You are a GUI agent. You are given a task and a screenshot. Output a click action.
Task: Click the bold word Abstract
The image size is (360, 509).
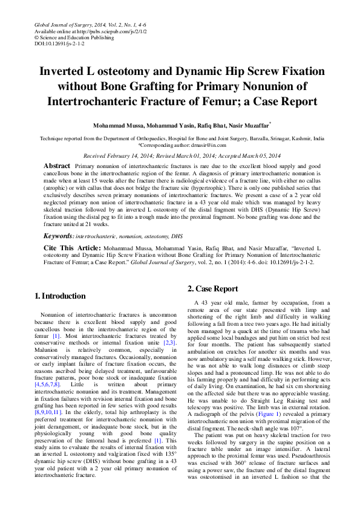pyautogui.click(x=57, y=166)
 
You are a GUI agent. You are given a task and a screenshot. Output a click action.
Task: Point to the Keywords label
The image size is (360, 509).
pyautogui.click(x=59, y=236)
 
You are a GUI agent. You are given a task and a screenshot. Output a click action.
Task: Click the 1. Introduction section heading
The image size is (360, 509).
pyautogui.click(x=60, y=296)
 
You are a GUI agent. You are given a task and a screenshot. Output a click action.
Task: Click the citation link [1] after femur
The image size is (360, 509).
pyautogui.click(x=56, y=336)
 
